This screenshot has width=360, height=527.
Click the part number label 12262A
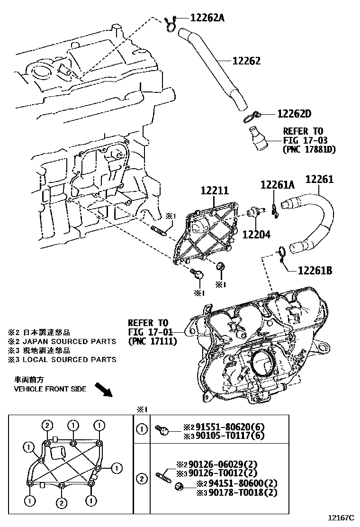[207, 18]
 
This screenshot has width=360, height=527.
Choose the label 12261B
[315, 271]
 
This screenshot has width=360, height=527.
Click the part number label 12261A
[278, 185]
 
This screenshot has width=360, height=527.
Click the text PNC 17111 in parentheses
[152, 341]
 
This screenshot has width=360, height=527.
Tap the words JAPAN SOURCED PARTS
[68, 341]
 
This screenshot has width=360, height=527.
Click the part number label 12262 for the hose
[246, 62]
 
